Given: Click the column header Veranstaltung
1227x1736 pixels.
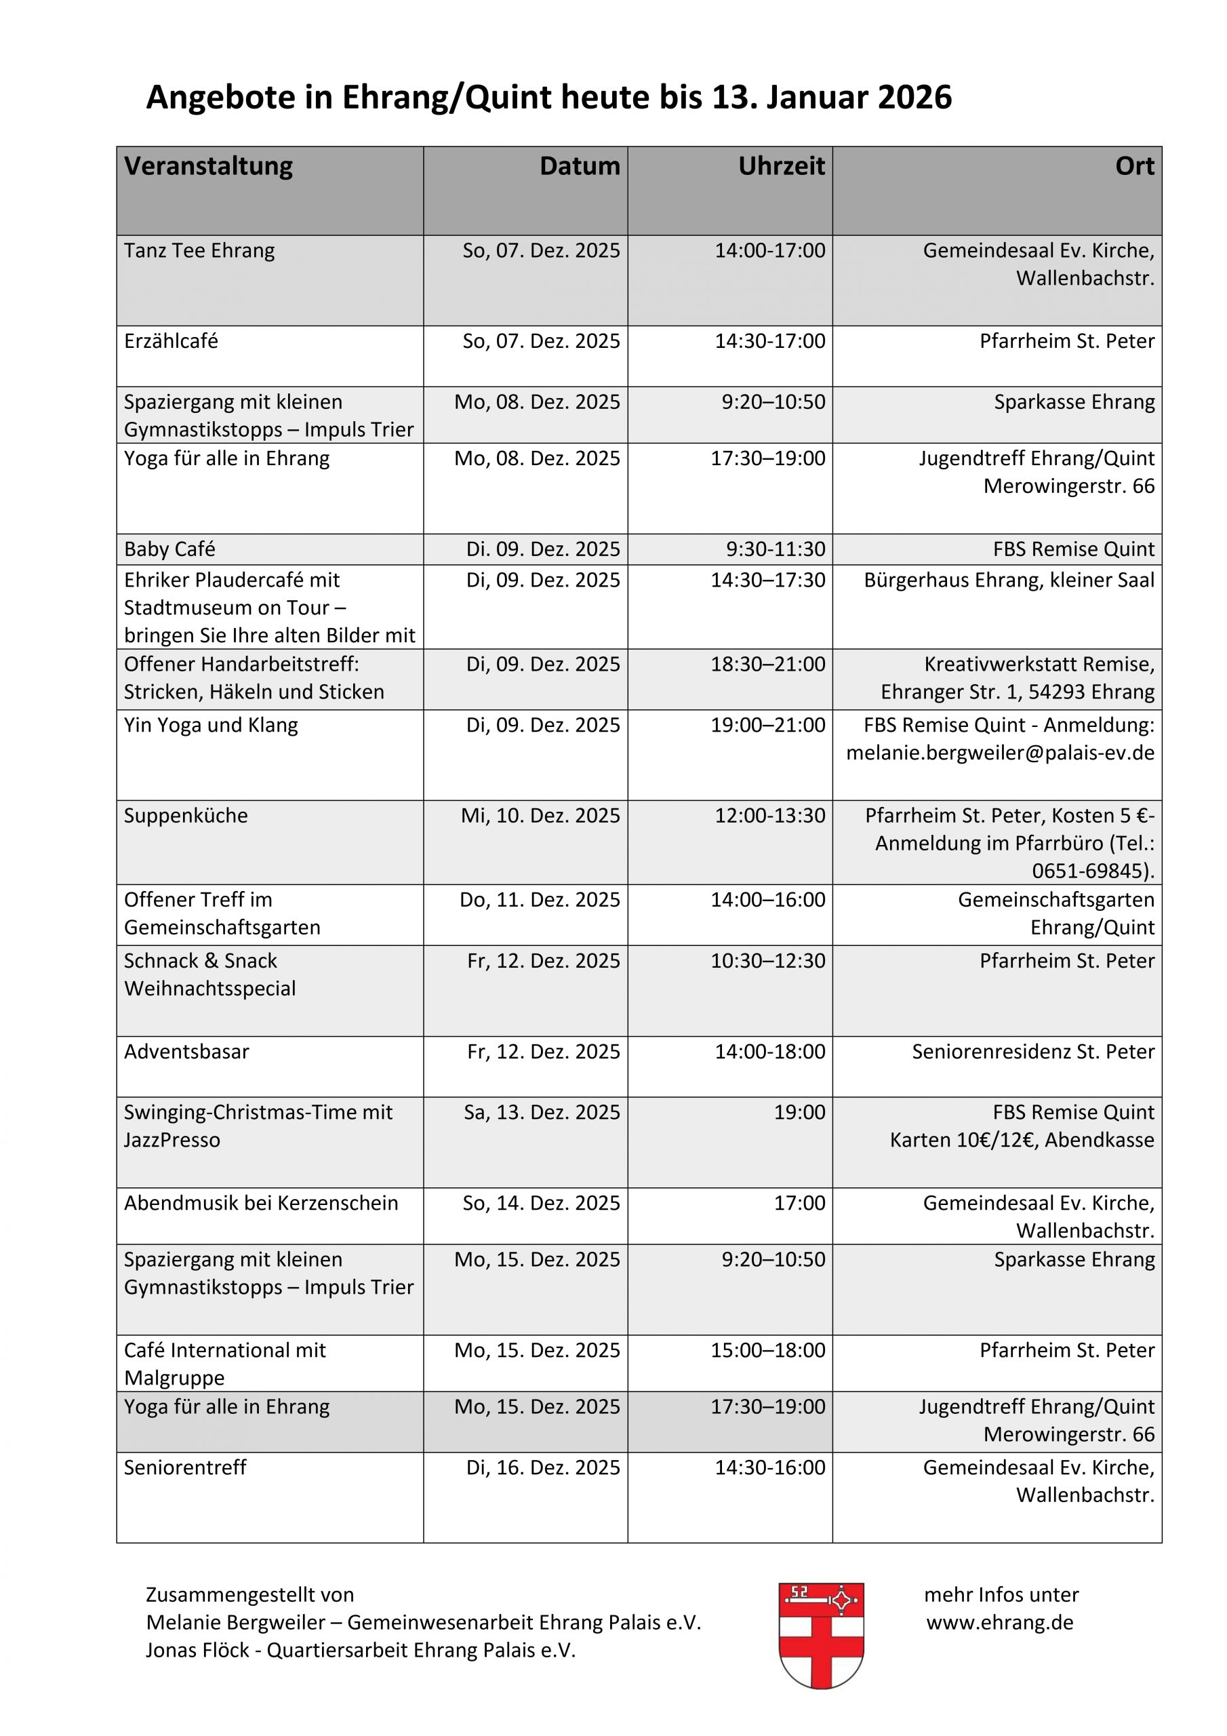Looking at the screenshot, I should click(208, 166).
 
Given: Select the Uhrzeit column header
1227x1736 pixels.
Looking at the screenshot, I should click(781, 166).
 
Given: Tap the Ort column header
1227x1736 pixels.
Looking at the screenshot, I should click(1134, 166).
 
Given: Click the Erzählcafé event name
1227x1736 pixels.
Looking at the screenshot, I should click(171, 341).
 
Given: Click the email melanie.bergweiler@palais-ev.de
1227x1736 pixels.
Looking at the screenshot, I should click(999, 753).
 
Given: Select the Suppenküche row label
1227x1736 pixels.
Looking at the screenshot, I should click(186, 816).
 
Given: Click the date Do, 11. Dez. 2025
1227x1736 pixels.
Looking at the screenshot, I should click(540, 900).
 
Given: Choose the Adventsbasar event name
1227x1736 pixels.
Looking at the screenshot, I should click(186, 1052).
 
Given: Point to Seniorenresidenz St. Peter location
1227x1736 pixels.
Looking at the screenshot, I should click(1032, 1052).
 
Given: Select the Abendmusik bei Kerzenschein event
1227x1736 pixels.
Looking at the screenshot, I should click(261, 1203).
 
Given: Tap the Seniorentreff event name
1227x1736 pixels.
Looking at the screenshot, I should click(185, 1467).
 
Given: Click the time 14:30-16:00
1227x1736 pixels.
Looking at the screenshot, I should click(770, 1467).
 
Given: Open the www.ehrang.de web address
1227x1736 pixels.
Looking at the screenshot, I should click(999, 1622).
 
